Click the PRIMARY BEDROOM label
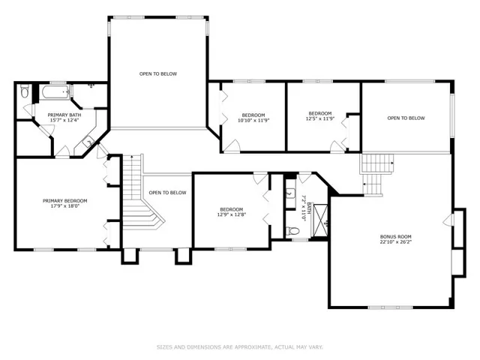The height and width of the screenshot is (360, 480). click(x=65, y=201)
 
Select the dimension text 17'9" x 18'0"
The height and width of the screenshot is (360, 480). click(x=65, y=206)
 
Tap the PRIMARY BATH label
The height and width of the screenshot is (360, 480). click(x=64, y=115)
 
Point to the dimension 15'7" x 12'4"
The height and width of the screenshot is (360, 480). click(x=64, y=120)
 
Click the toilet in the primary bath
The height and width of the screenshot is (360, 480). click(x=25, y=91)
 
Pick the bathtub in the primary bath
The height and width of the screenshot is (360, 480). click(x=55, y=91)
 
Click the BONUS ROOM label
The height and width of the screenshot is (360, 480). click(x=395, y=237)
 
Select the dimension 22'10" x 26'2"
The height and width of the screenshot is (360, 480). click(x=395, y=241)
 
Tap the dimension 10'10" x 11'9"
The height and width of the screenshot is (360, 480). click(x=253, y=120)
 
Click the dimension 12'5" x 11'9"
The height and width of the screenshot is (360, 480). click(x=320, y=118)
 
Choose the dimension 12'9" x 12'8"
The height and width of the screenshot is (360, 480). click(x=232, y=214)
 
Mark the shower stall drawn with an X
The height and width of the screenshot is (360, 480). click(x=320, y=220)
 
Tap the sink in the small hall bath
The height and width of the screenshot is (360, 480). click(x=290, y=193)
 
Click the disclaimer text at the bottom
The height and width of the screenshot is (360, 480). click(x=240, y=347)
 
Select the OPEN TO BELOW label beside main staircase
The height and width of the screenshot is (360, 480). click(x=167, y=193)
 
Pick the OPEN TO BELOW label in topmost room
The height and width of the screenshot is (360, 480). click(x=158, y=73)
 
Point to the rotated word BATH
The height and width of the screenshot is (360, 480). click(x=309, y=208)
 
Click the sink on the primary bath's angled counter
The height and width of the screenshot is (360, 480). click(x=88, y=142)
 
